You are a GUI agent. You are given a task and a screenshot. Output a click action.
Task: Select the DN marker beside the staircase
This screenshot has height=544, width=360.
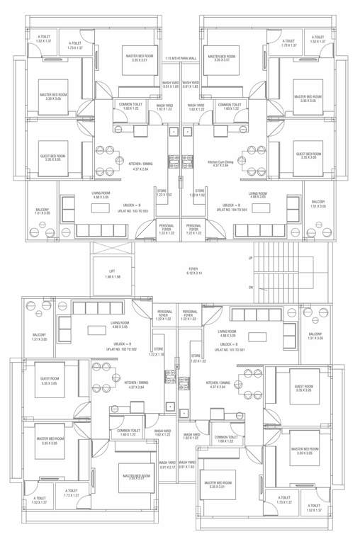(x=251, y=288)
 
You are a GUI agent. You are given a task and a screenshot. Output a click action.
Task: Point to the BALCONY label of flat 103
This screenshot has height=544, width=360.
(x=43, y=211)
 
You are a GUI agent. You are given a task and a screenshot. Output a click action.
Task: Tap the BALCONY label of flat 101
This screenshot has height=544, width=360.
(x=316, y=336)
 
